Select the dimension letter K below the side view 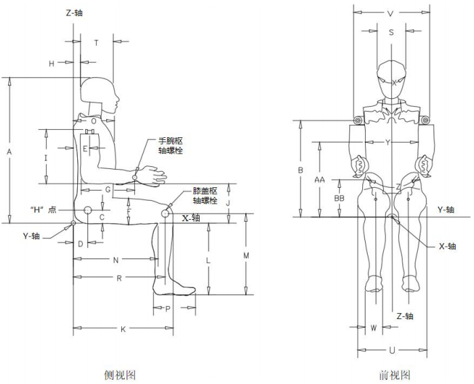(123, 329)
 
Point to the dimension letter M (246, 256)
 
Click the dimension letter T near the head (96, 43)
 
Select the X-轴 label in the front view (447, 247)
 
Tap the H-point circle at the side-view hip (88, 212)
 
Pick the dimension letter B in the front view (300, 170)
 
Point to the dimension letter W (374, 328)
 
